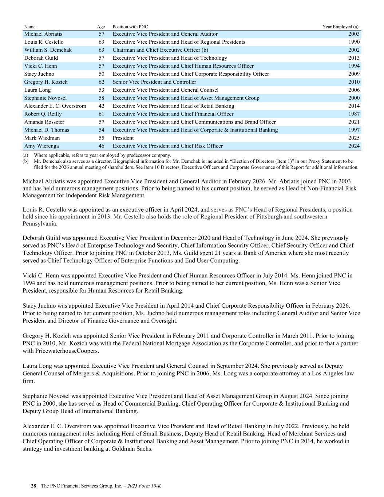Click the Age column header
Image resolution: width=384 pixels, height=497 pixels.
point(101,27)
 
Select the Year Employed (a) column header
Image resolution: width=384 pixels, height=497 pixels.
point(340,27)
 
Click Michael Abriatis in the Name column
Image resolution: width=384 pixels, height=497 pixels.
point(43,34)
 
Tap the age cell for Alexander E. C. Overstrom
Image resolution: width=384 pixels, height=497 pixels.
point(101,106)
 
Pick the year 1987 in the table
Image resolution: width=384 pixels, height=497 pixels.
point(354,114)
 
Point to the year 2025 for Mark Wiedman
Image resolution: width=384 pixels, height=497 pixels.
point(354,138)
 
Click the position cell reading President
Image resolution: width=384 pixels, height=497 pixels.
point(123,138)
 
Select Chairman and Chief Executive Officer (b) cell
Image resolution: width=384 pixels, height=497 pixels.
point(160,50)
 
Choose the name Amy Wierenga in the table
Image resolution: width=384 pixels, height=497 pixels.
point(41,146)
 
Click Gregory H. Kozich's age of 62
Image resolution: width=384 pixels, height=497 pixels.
point(101,82)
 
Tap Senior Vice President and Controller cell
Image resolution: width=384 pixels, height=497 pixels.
point(154,82)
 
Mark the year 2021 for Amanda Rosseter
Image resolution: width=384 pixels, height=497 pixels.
point(354,122)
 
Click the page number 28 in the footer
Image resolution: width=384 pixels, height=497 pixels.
point(33,486)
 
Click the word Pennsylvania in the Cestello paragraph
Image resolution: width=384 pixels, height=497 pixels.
point(40,224)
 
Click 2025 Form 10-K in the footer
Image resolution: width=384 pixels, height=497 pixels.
point(145,486)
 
